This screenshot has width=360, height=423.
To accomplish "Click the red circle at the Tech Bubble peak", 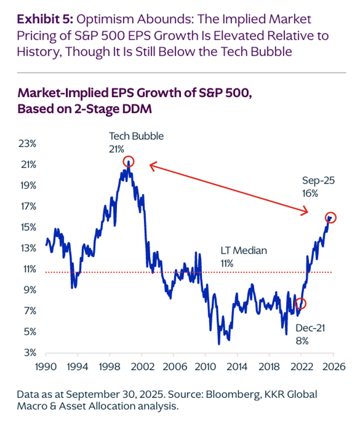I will tap(129, 161).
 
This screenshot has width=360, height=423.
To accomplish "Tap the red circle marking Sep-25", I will tap(331, 217).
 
